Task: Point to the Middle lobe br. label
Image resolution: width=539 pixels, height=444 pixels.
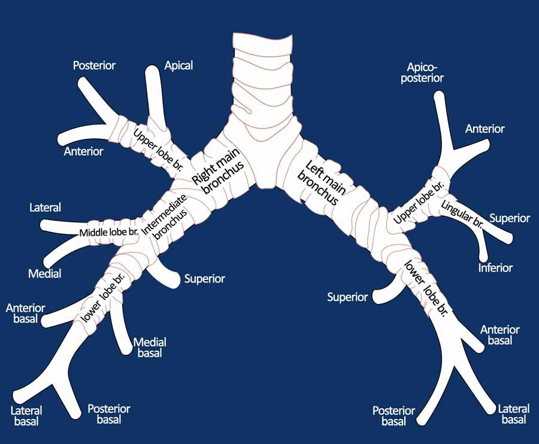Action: (x=109, y=231)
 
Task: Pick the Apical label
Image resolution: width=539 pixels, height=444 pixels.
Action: (x=178, y=65)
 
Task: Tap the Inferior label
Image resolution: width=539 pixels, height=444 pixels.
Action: (x=495, y=267)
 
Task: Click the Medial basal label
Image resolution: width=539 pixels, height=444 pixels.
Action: (x=150, y=347)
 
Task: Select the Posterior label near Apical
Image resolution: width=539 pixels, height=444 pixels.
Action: (x=94, y=65)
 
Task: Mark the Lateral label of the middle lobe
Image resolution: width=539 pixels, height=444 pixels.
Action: (x=45, y=208)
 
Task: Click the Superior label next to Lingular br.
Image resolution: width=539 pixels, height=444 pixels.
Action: (x=510, y=218)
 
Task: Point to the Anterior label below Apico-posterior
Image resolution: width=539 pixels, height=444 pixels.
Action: (x=485, y=129)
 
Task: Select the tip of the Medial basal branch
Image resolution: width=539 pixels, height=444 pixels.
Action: (x=128, y=348)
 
